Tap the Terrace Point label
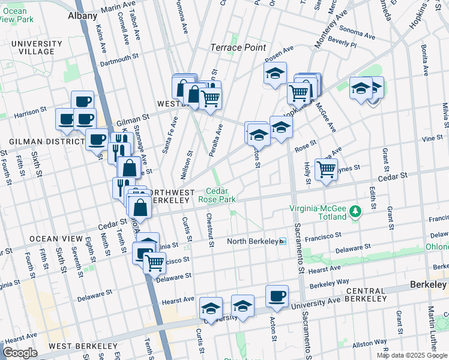click(234, 47)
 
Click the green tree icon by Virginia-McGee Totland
click(355, 211)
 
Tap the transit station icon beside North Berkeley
click(283, 241)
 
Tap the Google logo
click(20, 352)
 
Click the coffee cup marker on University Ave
click(277, 296)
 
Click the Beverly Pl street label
click(342, 44)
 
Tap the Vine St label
click(432, 138)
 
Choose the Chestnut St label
click(210, 230)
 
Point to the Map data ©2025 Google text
click(411, 355)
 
